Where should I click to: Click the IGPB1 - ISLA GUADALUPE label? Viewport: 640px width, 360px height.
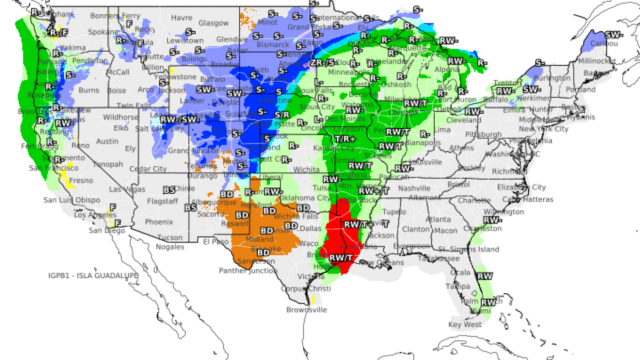(x=93, y=275)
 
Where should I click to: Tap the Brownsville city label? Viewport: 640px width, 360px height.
(x=307, y=310)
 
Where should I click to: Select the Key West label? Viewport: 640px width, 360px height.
(x=464, y=325)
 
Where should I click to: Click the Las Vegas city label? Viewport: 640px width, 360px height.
(x=127, y=189)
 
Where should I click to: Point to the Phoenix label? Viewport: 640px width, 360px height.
(x=159, y=222)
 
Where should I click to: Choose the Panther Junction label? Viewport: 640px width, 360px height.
(x=248, y=271)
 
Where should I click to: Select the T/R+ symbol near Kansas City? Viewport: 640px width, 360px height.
(x=345, y=139)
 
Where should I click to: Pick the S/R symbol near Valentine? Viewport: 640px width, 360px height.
(x=282, y=115)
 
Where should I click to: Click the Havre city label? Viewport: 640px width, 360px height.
(x=181, y=18)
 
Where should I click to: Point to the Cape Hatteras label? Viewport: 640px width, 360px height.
(x=528, y=199)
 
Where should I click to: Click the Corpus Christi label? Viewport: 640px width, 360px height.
(x=305, y=289)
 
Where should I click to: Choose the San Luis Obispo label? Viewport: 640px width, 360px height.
(x=71, y=200)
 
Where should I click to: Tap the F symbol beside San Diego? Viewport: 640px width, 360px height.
(x=117, y=223)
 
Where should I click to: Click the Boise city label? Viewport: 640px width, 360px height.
(x=117, y=90)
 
